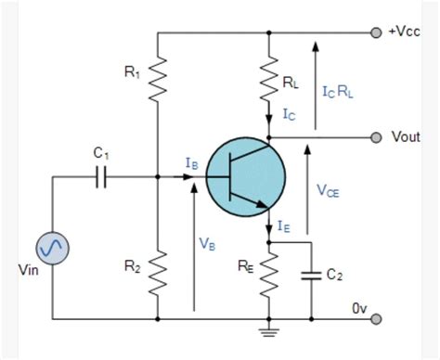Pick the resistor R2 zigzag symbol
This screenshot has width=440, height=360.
click(159, 269)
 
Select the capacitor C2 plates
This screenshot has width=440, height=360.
click(311, 276)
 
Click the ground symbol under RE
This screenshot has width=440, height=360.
click(269, 326)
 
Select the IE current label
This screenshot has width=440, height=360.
click(285, 225)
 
